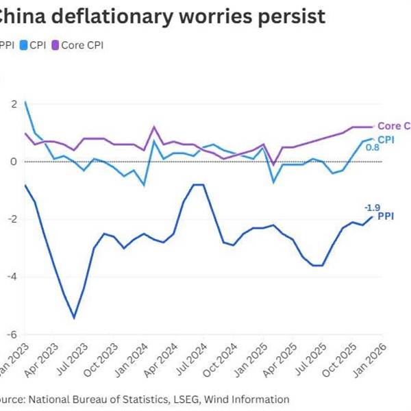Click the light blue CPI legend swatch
[x=23, y=45]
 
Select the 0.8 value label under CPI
[x=373, y=147]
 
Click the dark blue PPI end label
[x=386, y=217]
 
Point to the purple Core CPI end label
[x=394, y=126]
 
